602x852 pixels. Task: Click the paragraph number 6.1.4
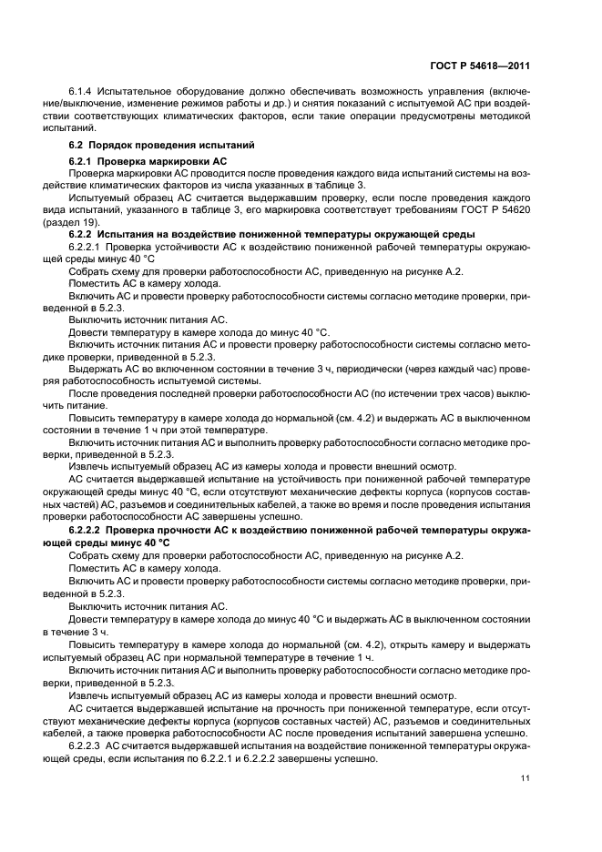coord(81,94)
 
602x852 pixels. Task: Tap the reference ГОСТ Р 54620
coord(498,210)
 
